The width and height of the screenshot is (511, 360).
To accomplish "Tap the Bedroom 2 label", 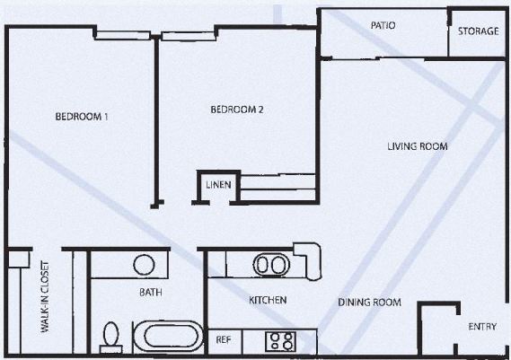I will click(x=237, y=110).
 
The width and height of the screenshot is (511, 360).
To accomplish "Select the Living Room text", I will click(x=417, y=146).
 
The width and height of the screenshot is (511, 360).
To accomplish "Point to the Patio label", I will click(x=383, y=25).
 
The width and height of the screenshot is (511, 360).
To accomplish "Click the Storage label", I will click(x=478, y=31).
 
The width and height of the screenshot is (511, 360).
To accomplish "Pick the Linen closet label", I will click(x=219, y=186).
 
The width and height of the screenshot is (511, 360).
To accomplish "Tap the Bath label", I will click(x=149, y=293).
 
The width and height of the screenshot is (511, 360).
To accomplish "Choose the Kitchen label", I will click(x=268, y=300).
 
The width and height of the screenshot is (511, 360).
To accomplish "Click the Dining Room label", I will click(x=369, y=303).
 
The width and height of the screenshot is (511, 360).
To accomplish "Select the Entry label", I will click(x=482, y=326).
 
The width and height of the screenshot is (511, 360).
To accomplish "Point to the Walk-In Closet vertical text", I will click(x=44, y=299).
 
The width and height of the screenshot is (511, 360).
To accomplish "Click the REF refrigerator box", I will click(x=225, y=341).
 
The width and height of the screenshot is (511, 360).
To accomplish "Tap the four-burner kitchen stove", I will click(x=281, y=341).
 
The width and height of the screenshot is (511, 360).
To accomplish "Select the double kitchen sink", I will click(x=270, y=265).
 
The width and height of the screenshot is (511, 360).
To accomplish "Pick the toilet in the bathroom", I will click(x=110, y=336).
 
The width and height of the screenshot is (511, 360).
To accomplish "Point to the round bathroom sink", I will click(x=144, y=266).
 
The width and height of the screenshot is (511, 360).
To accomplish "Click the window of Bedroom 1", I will click(x=123, y=37).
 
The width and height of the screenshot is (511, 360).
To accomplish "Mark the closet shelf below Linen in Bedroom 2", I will click(x=278, y=189).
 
